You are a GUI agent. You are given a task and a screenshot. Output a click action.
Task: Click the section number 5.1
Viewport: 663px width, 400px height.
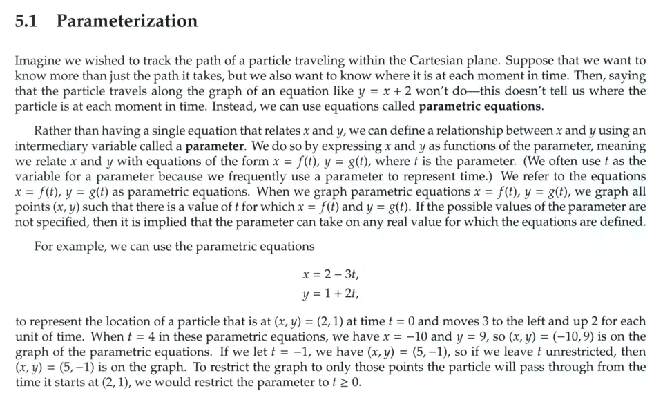(x=26, y=21)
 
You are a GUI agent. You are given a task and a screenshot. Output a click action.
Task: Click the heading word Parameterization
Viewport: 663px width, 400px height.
(x=127, y=21)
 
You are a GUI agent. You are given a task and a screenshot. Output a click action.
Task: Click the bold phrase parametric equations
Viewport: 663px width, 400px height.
(x=481, y=106)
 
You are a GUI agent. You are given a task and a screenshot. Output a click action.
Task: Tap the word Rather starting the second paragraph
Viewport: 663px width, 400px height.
(x=53, y=131)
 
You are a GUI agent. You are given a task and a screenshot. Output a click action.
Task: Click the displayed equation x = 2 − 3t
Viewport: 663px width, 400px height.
(x=331, y=275)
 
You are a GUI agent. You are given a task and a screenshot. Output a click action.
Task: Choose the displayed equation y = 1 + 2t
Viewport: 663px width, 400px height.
(x=331, y=293)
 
